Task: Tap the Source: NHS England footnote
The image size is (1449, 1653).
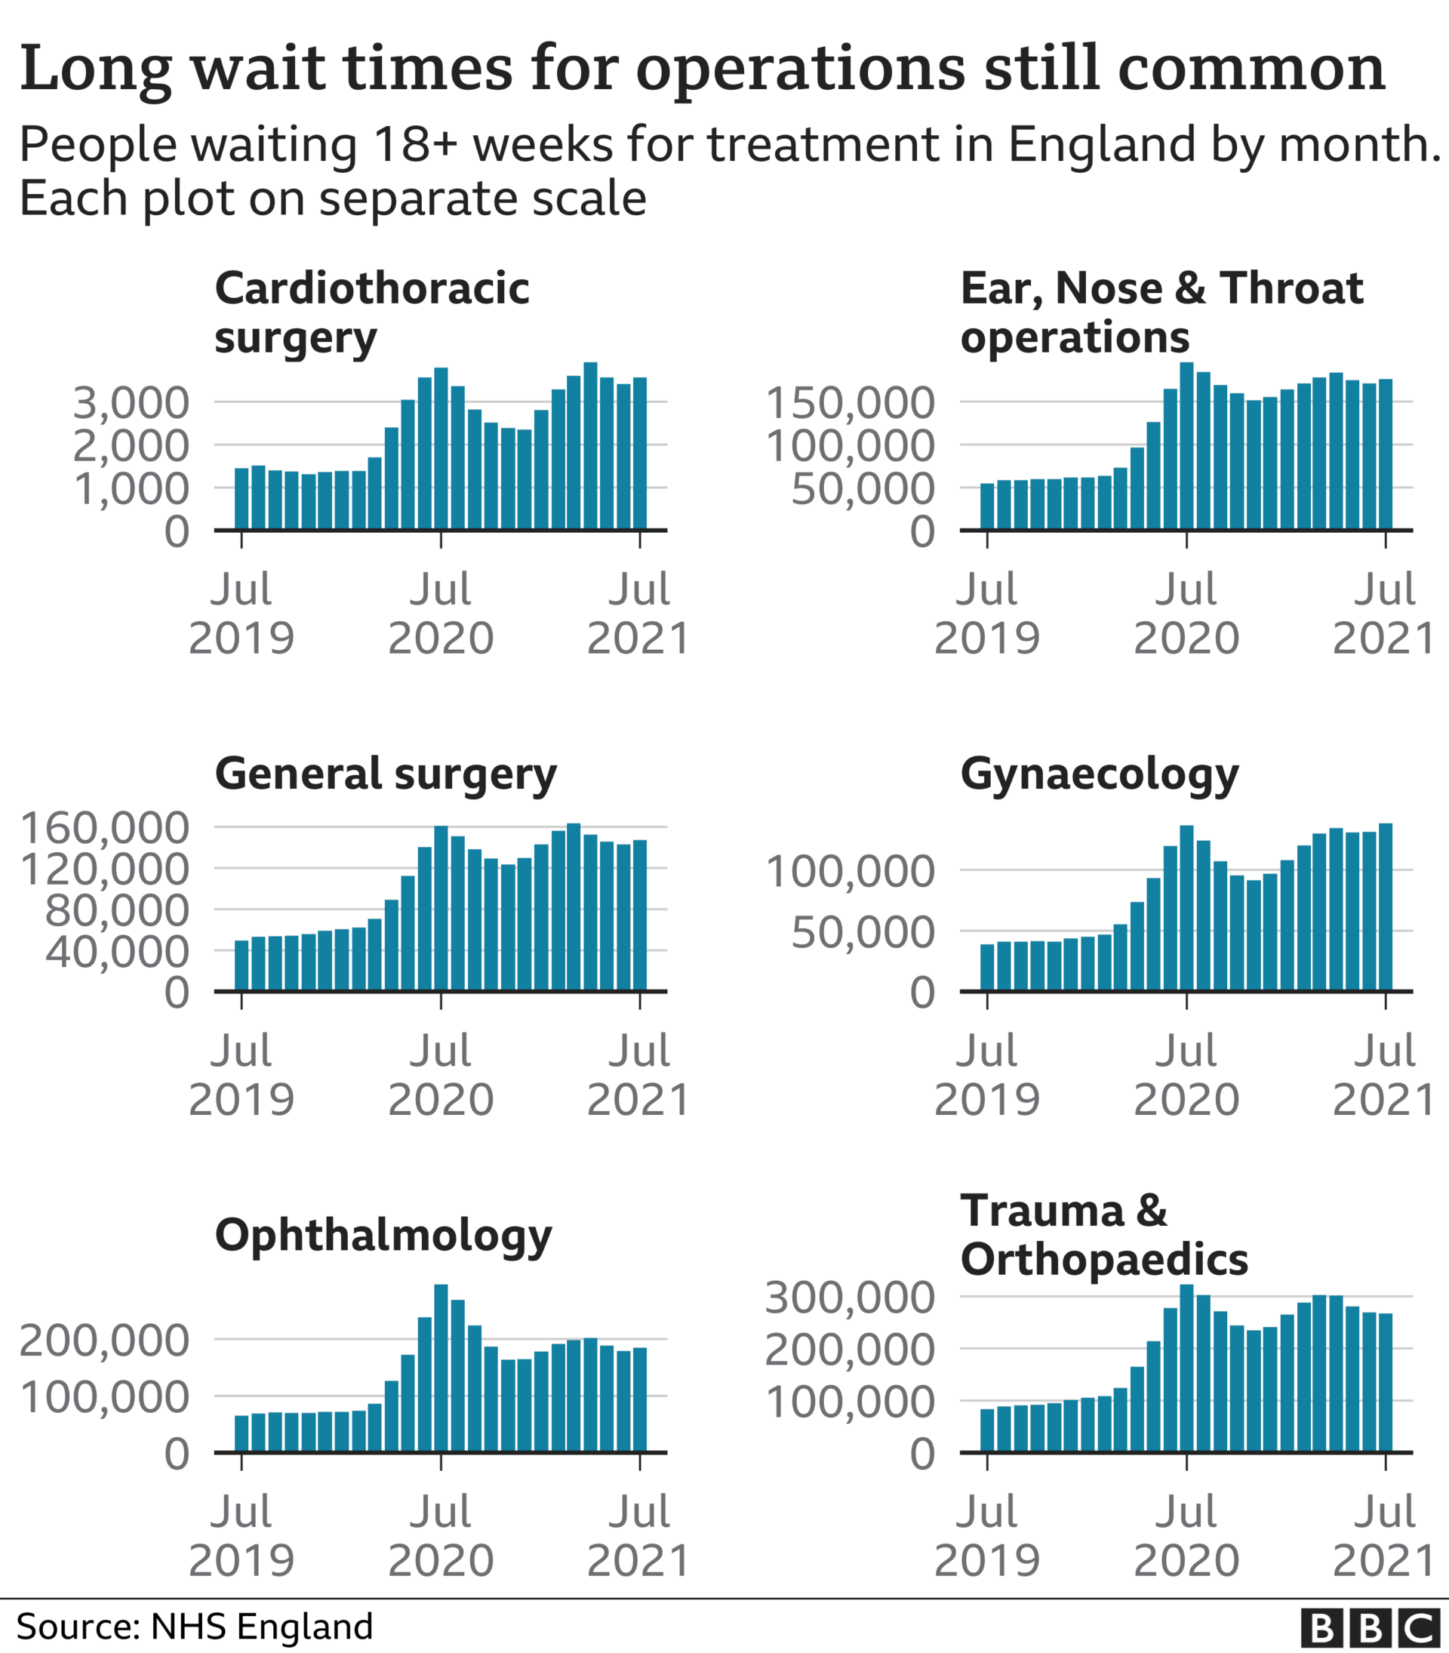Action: pyautogui.click(x=195, y=1627)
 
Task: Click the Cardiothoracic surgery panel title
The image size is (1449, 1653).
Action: pyautogui.click(x=372, y=312)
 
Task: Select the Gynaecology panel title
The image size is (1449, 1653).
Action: pyautogui.click(x=1099, y=774)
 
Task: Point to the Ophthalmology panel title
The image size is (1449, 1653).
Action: pyautogui.click(x=383, y=1236)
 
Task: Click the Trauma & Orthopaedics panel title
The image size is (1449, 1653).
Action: pyautogui.click(x=1103, y=1236)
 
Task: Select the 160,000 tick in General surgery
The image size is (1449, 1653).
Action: pyautogui.click(x=104, y=827)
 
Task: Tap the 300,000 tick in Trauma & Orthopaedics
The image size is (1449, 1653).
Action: pyautogui.click(x=850, y=1297)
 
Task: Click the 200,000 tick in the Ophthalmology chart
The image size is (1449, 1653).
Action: pyautogui.click(x=104, y=1340)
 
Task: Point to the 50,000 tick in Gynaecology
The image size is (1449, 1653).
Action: pyautogui.click(x=863, y=931)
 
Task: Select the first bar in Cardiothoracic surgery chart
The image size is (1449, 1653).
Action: pyautogui.click(x=241, y=498)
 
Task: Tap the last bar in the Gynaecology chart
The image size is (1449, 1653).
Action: pyautogui.click(x=1385, y=907)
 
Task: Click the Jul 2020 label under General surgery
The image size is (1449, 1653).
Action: pyautogui.click(x=441, y=1075)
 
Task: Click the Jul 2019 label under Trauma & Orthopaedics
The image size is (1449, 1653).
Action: pyautogui.click(x=986, y=1536)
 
